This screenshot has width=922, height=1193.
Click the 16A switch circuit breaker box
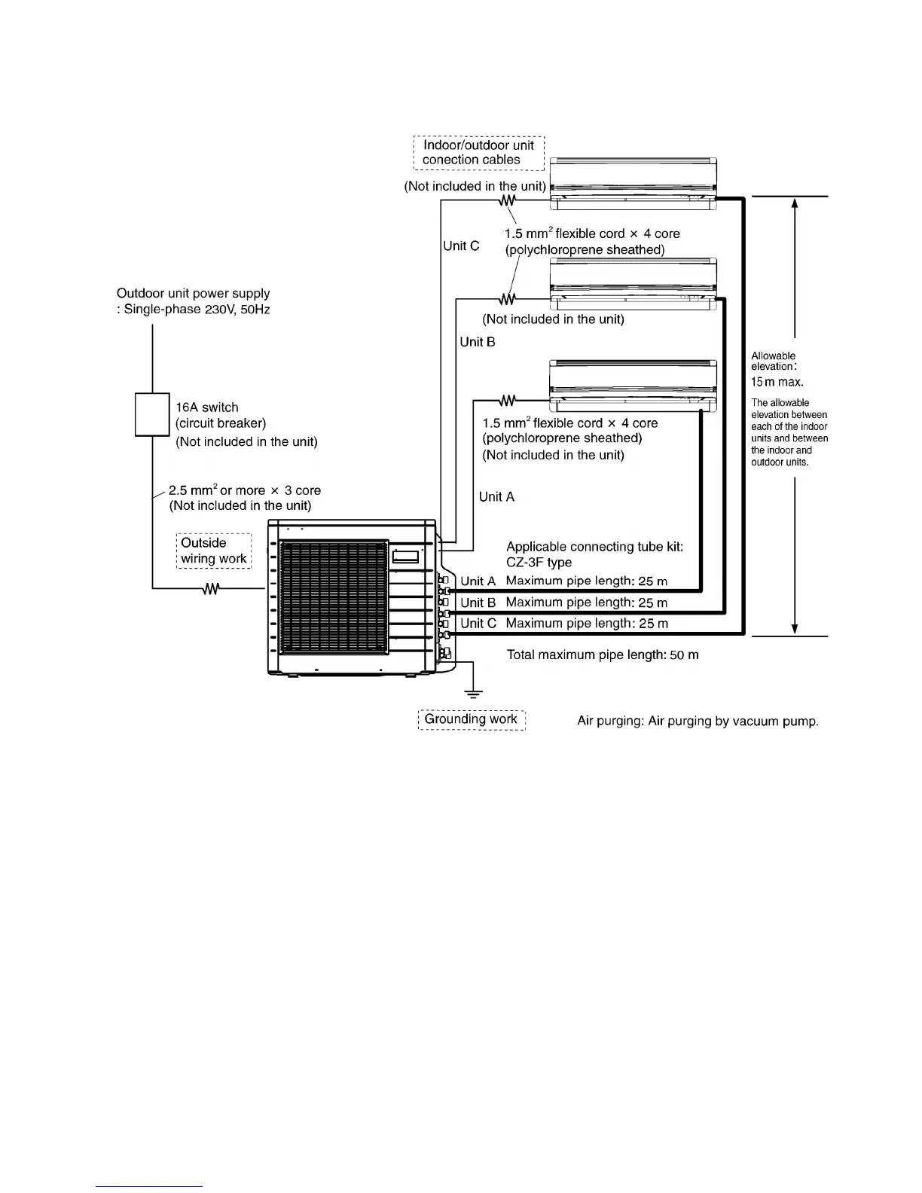click(x=152, y=414)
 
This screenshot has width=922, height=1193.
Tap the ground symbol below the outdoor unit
click(x=472, y=693)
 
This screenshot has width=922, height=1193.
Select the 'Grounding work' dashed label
click(x=471, y=719)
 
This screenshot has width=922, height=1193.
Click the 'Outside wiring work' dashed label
click(x=214, y=551)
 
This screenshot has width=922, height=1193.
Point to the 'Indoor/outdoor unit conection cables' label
click(x=478, y=152)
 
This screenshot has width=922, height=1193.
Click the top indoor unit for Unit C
click(x=633, y=184)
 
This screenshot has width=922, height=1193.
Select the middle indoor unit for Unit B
click(x=633, y=284)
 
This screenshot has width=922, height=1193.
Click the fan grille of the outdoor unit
click(x=334, y=596)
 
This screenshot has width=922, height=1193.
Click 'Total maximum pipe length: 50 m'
click(x=603, y=655)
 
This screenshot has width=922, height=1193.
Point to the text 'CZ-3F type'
click(x=539, y=563)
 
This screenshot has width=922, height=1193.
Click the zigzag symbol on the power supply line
click(x=211, y=589)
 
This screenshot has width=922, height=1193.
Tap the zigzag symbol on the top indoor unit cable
click(x=508, y=200)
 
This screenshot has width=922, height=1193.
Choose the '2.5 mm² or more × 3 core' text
click(x=245, y=490)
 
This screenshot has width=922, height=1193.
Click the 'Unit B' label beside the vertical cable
click(x=478, y=342)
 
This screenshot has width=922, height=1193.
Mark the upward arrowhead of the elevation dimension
click(x=795, y=203)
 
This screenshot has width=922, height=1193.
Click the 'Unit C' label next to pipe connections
click(x=478, y=624)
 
